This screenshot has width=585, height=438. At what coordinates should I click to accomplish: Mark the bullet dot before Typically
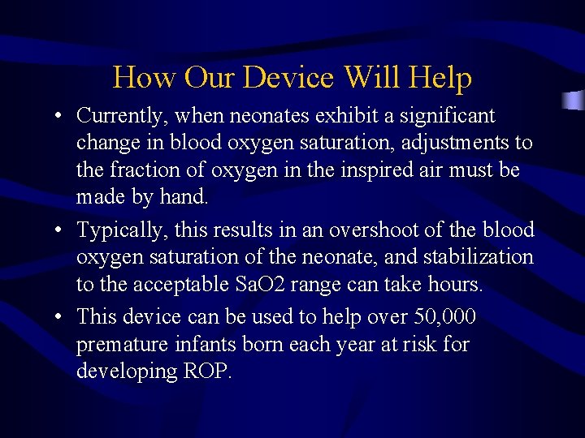click(61, 231)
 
